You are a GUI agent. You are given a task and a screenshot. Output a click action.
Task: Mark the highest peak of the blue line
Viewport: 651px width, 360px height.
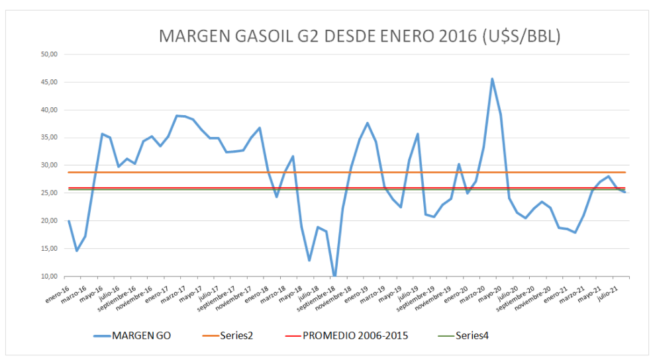point(492,79)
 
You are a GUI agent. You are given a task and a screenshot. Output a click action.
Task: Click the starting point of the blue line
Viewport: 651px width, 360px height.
point(68,221)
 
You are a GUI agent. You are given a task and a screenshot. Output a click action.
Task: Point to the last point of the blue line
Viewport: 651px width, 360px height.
point(625,192)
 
